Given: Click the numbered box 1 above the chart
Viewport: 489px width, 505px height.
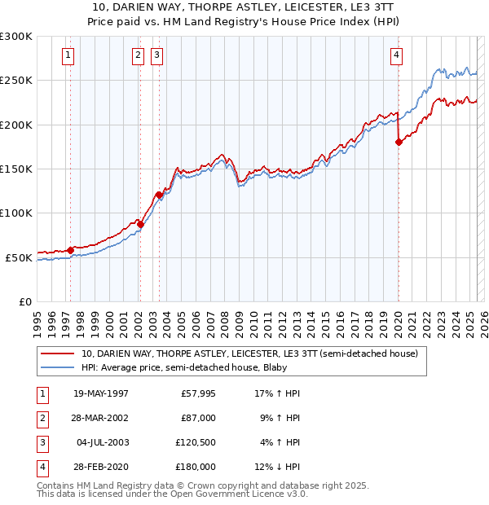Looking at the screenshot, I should tap(67, 55).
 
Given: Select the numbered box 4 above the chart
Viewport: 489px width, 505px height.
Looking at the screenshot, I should tap(396, 55).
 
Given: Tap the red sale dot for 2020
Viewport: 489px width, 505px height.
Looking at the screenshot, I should tap(399, 143).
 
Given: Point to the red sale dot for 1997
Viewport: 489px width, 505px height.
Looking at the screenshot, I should tap(70, 250).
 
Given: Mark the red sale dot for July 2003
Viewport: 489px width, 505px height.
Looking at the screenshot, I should tap(159, 195).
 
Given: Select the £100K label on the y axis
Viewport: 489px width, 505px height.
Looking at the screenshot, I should tap(16, 213).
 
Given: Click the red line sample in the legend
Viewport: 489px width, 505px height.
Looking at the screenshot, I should tap(57, 353).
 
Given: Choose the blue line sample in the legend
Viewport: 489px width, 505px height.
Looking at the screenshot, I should tap(57, 367).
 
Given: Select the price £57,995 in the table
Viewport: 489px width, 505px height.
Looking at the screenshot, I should tap(196, 393).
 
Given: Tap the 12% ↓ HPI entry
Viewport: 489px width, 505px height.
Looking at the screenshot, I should tap(279, 467).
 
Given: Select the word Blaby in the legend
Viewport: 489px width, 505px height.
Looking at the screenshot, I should tap(282, 367).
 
